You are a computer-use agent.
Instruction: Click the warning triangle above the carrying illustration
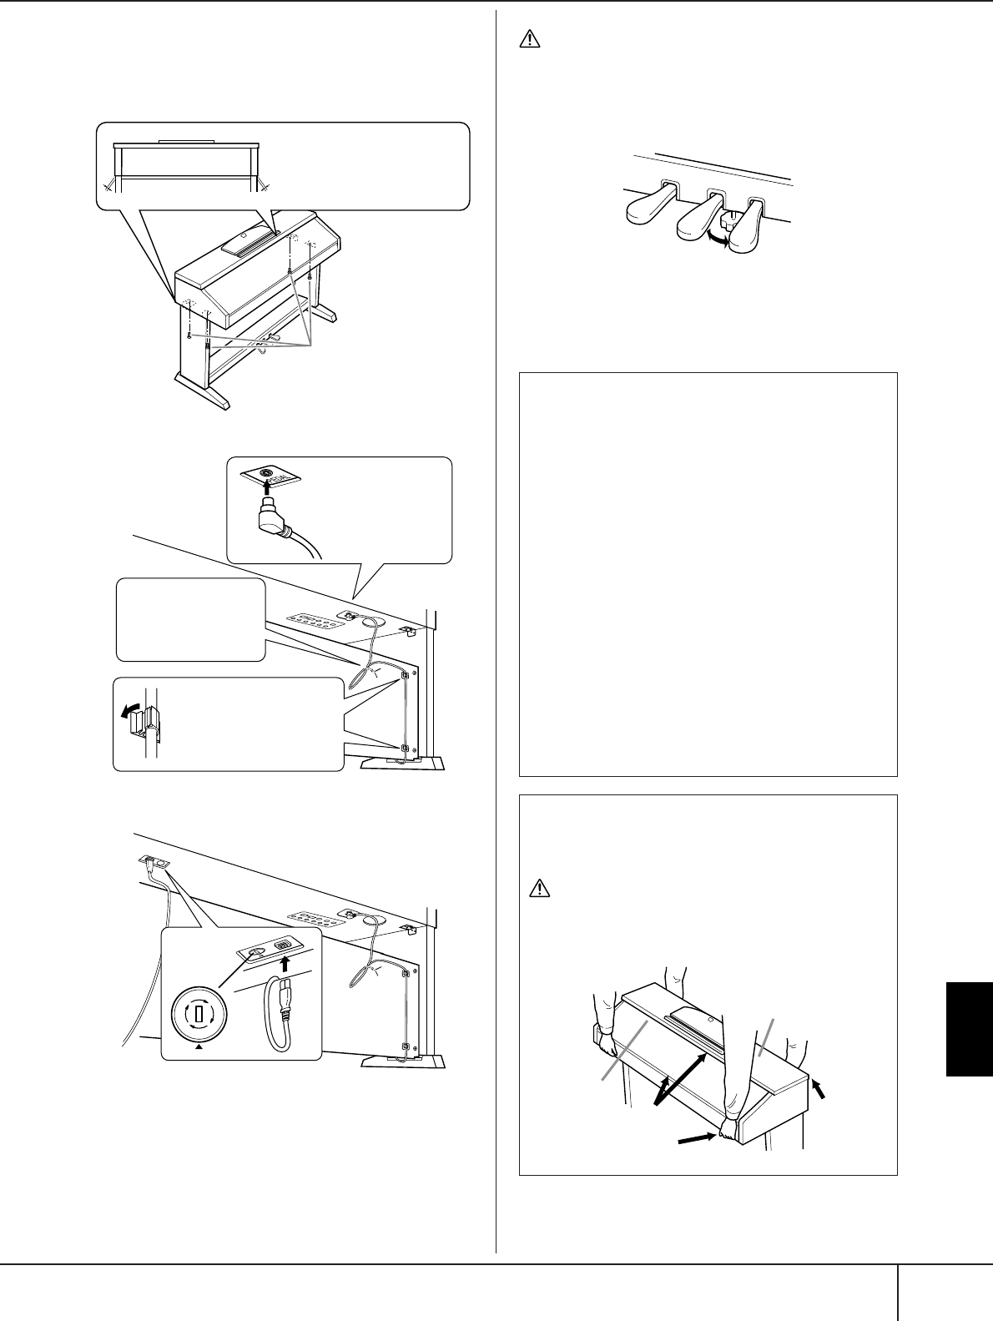539,887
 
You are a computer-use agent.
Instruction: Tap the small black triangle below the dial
199,1051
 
